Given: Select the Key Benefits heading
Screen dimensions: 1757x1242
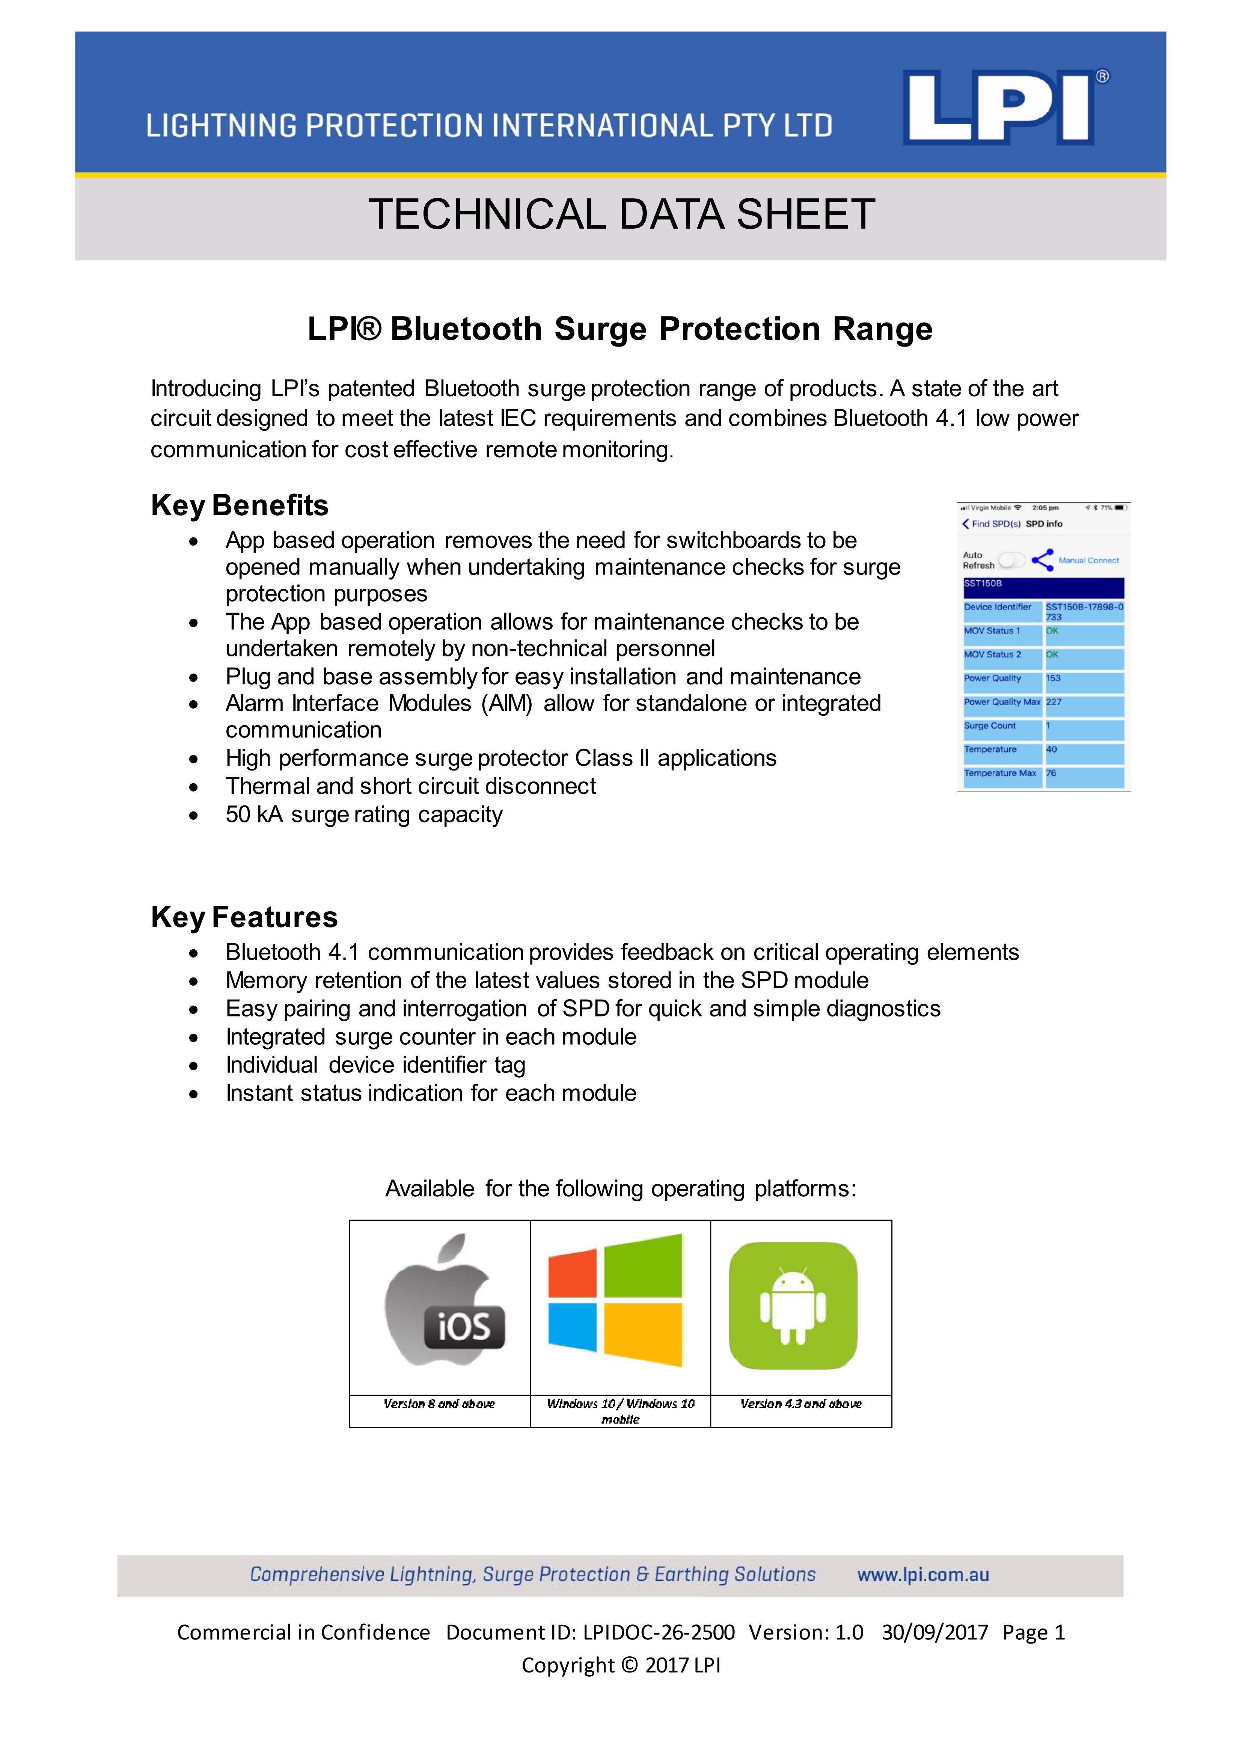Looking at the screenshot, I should [240, 506].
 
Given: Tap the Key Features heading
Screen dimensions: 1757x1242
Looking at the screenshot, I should [244, 917].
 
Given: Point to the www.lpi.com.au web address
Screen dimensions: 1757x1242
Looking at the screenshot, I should [923, 1575].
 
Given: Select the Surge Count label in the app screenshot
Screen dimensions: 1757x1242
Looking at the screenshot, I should [989, 725].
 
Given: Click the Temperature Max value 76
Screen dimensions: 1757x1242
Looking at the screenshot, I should [1051, 773].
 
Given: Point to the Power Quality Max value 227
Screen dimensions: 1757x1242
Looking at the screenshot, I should [1054, 702].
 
